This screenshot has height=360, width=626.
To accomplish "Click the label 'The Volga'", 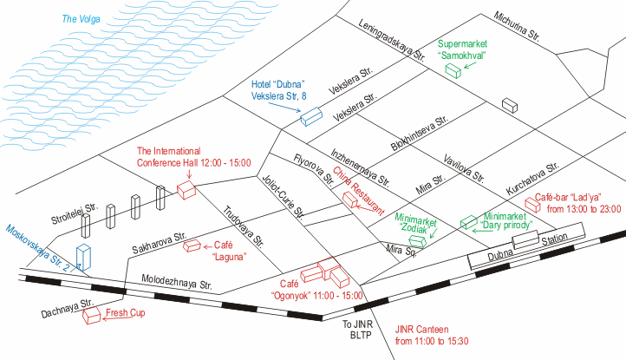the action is tap(81, 19).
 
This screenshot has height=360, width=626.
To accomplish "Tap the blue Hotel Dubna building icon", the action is tap(311, 116).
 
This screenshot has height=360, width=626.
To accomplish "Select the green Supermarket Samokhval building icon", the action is tap(453, 71).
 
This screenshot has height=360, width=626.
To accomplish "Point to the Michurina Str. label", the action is tap(517, 26).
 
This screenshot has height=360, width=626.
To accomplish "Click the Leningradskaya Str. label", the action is tap(391, 40).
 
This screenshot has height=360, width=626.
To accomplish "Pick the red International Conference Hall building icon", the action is tap(186, 190).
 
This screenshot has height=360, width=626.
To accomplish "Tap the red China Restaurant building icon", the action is tap(350, 200).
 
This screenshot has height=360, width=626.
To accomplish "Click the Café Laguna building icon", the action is tap(192, 245).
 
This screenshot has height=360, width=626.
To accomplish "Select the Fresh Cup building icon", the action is tap(91, 315).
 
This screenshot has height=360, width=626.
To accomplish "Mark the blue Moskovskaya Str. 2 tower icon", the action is tap(83, 258).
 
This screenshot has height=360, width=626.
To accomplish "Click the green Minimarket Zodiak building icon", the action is tap(418, 241).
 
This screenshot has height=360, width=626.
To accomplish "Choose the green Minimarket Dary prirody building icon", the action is tap(469, 222).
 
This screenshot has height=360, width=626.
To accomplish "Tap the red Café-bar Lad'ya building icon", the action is tap(532, 205).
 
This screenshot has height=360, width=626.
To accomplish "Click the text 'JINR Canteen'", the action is tap(422, 330).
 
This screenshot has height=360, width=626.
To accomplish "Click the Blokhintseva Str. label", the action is tap(419, 134).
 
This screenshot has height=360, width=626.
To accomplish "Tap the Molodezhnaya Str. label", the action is tap(177, 282).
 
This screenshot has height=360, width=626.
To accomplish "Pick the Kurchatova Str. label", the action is tap(532, 179).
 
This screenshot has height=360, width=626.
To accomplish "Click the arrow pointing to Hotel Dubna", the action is tap(284, 107).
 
